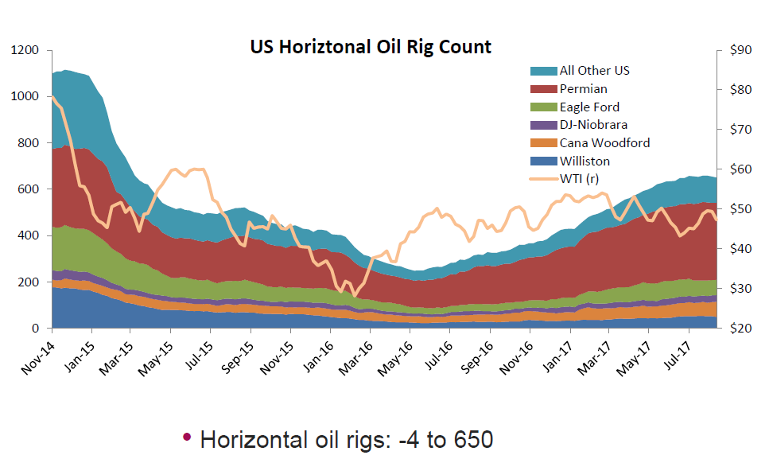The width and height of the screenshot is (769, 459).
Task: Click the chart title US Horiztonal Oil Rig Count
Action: pyautogui.click(x=371, y=47)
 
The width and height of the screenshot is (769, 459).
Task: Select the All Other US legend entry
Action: pyautogui.click(x=595, y=71)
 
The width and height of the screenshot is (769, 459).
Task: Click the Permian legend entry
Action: pyautogui.click(x=583, y=89)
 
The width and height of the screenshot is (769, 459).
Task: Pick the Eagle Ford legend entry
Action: pyautogui.click(x=589, y=107)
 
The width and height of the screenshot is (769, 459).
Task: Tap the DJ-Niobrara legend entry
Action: pyautogui.click(x=593, y=125)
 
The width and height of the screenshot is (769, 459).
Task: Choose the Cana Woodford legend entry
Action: pyautogui.click(x=604, y=143)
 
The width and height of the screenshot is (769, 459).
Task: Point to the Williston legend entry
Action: pyautogui.click(x=585, y=161)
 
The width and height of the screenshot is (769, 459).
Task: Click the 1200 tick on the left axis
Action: pyautogui.click(x=25, y=50)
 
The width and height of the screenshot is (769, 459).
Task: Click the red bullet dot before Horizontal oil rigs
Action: pyautogui.click(x=187, y=438)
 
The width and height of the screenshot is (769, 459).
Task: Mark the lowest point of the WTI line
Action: pyautogui.click(x=355, y=295)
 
